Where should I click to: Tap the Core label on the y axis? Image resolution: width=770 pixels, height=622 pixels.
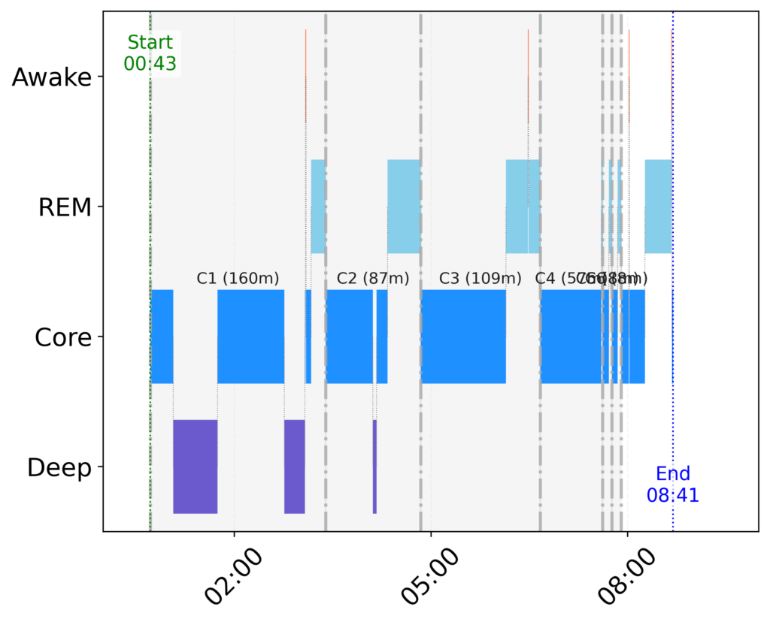coord(63,337)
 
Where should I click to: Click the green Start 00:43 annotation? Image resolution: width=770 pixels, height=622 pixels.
coord(150,53)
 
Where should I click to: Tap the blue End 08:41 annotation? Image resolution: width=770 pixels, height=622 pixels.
coord(673,485)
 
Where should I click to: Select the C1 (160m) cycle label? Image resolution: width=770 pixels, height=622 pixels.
coord(238,279)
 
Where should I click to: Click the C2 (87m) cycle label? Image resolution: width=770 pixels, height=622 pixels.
coord(373,279)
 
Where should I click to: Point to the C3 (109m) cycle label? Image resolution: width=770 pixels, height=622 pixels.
coord(480,279)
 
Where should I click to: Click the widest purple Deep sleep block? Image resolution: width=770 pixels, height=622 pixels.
coord(196,466)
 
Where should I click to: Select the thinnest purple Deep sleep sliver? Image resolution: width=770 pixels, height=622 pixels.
coord(374,466)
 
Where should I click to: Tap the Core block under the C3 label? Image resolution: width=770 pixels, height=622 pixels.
coord(463,337)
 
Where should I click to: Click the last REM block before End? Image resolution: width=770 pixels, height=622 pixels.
coord(658,207)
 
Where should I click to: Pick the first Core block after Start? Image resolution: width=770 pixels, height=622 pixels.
coord(162,337)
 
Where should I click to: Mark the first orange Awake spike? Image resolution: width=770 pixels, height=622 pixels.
coord(306,75)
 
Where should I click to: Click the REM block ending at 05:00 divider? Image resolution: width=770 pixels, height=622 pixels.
coord(403,207)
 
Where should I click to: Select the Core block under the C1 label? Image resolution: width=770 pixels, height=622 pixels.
coord(250,337)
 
